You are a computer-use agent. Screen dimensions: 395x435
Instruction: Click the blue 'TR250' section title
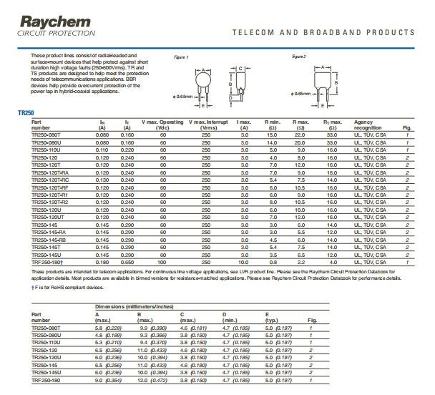(x=26, y=113)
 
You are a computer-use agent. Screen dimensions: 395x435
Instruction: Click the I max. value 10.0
(x=245, y=263)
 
